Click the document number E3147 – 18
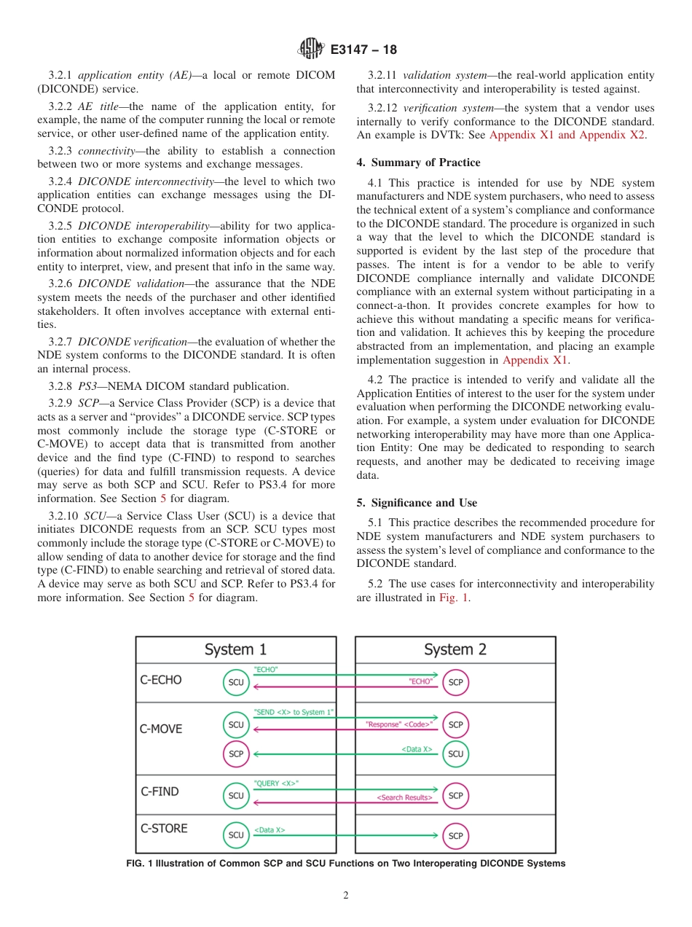(x=363, y=50)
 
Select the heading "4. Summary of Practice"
(x=418, y=163)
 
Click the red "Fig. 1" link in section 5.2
(x=454, y=598)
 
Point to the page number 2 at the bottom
(x=346, y=895)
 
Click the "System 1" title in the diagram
(x=235, y=649)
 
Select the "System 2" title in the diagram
(x=455, y=649)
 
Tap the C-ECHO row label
(x=160, y=680)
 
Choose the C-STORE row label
(x=163, y=829)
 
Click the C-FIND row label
(x=159, y=791)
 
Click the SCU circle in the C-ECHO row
(x=236, y=682)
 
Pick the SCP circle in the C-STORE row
(x=456, y=835)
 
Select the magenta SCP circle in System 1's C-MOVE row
(x=236, y=754)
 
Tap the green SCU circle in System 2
(x=456, y=754)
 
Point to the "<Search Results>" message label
(x=404, y=798)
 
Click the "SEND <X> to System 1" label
(x=293, y=711)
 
